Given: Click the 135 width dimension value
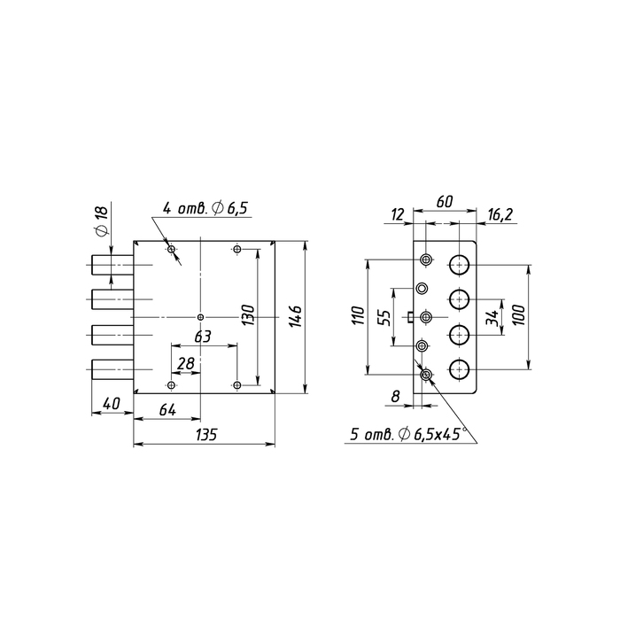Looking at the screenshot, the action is [206, 435].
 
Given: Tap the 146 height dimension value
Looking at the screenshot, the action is [295, 316].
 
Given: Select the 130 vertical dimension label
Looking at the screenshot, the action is [248, 315].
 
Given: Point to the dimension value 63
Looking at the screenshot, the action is [203, 337].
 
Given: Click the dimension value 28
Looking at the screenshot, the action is [186, 363].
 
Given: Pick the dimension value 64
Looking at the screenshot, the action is [167, 410].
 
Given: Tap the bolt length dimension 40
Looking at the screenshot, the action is [111, 404].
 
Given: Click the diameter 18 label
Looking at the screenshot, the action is [101, 221].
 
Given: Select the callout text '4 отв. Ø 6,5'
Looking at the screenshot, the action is [205, 208].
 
